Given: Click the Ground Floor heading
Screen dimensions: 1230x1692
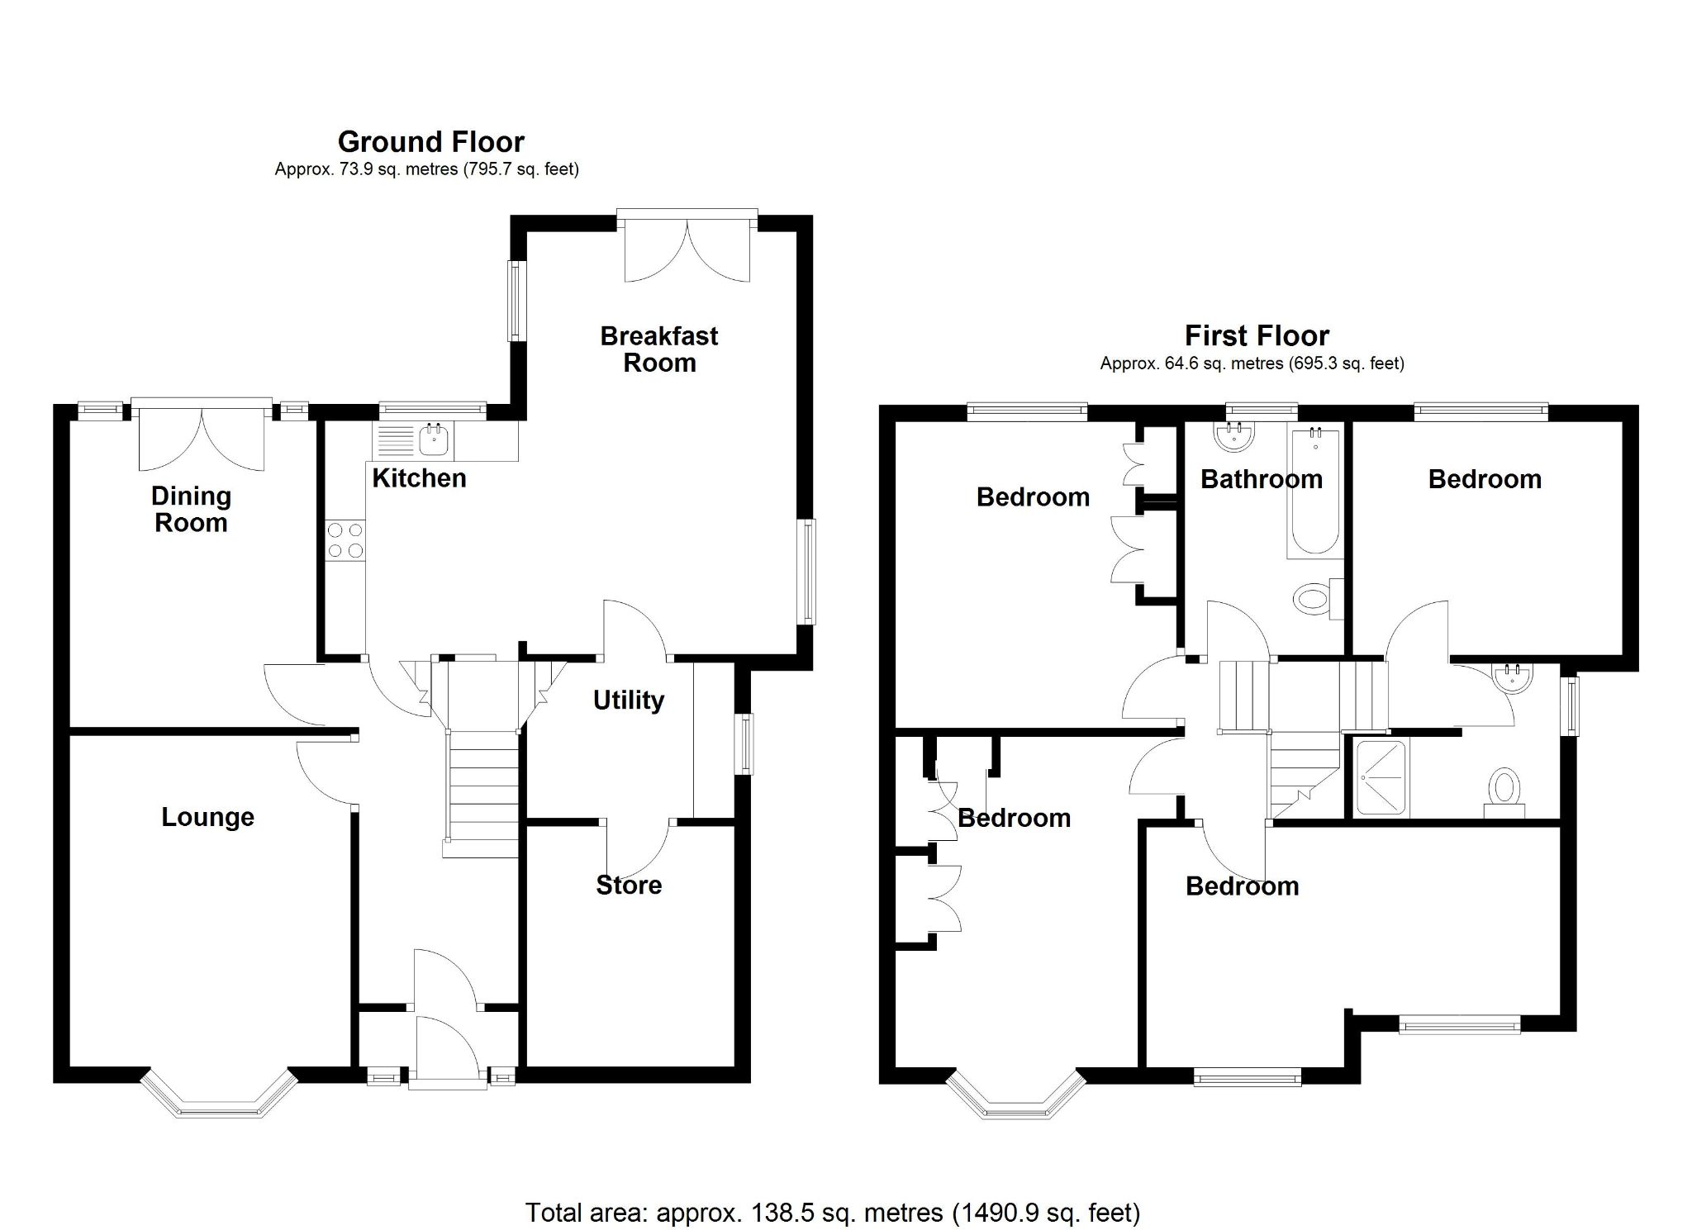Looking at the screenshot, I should click(x=430, y=142).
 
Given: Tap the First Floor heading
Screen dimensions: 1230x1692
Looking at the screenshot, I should click(x=1256, y=335).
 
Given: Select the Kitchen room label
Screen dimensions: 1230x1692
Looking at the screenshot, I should click(x=419, y=477).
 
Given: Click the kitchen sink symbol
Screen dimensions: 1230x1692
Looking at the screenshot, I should click(x=434, y=440).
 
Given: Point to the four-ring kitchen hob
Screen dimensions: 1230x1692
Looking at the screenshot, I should click(x=345, y=539).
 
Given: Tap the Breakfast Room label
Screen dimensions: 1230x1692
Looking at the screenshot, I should click(x=658, y=349).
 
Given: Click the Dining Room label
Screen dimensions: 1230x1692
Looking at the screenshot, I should click(x=191, y=509).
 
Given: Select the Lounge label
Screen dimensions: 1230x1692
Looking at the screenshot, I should click(x=207, y=817).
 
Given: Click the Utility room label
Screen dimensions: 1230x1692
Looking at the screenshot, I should click(x=628, y=700).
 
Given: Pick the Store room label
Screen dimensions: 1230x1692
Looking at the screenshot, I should click(x=628, y=885).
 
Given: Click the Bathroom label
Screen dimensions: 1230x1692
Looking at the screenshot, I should click(x=1261, y=479).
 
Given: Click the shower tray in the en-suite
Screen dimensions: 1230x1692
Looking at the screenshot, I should click(x=1381, y=777).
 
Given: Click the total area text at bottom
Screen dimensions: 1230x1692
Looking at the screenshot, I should click(x=832, y=1212).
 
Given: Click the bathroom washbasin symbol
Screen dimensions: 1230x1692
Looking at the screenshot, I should click(x=1235, y=436).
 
